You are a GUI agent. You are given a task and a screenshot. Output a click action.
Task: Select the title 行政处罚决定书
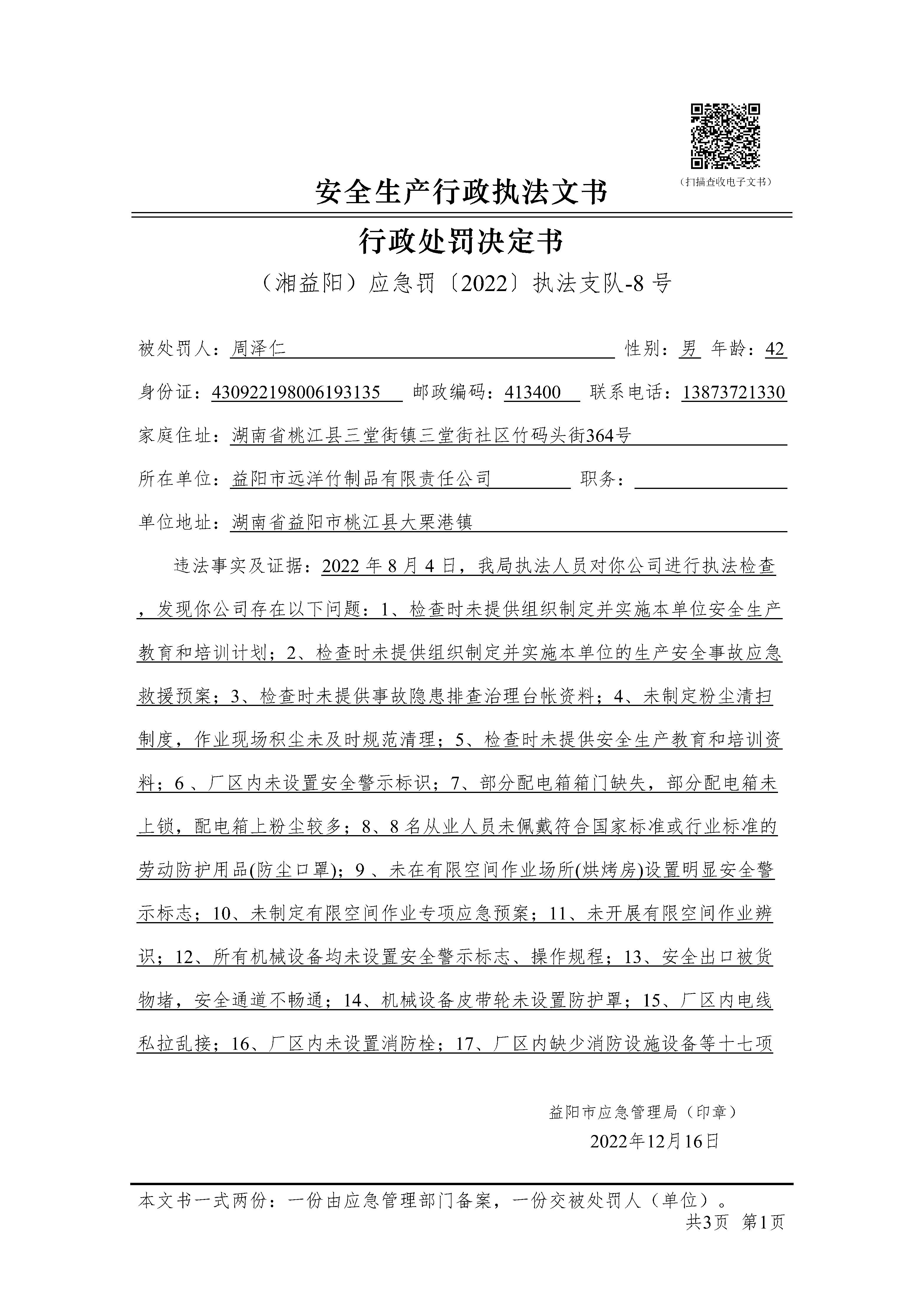point(461,241)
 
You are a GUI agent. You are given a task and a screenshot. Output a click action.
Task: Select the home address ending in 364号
point(431,436)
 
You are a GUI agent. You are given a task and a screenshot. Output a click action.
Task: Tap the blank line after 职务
point(710,480)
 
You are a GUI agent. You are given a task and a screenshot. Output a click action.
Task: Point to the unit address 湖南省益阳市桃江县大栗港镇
point(352,522)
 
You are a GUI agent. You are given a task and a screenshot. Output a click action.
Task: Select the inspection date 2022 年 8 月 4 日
point(389,566)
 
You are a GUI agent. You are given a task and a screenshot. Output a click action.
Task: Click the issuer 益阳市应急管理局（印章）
point(643,1112)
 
